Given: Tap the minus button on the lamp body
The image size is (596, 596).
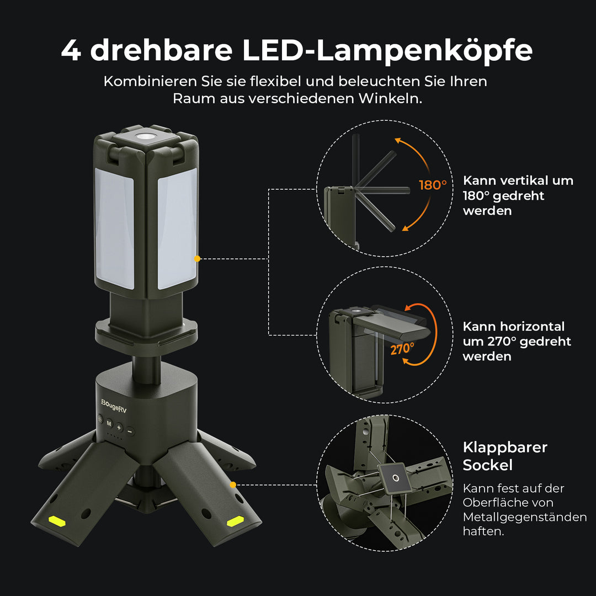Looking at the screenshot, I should [x=130, y=430].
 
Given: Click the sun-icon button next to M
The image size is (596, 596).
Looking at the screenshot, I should [x=100, y=419].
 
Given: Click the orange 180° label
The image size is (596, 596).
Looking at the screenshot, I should [x=432, y=185].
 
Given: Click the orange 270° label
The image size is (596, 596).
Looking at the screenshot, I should [x=402, y=349].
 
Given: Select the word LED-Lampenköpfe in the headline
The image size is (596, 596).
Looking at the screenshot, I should [x=387, y=50].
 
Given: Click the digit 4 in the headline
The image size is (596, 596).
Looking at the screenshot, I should [x=71, y=50].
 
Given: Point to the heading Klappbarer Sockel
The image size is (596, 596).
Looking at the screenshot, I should [x=504, y=456].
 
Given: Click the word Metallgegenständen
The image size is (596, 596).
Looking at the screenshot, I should [x=524, y=517].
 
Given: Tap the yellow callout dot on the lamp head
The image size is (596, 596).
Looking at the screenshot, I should [x=196, y=258].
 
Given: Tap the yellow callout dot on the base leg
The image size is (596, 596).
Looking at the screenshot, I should [x=233, y=485].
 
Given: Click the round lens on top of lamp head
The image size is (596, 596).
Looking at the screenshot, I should [x=147, y=135].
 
